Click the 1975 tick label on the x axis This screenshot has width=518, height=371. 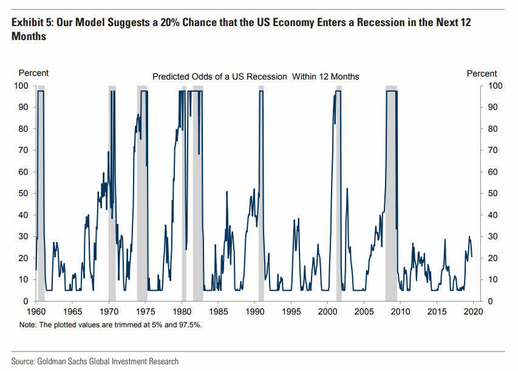tap(145, 311)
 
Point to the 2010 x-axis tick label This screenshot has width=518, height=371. tap(400, 311)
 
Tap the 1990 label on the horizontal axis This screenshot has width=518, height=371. tap(254, 311)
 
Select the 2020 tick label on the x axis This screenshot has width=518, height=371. tap(473, 311)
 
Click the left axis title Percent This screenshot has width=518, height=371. tap(33, 73)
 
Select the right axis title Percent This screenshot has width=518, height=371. tap(482, 73)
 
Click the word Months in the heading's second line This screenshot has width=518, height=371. tap(29, 36)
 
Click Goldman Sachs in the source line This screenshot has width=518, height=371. tap(63, 361)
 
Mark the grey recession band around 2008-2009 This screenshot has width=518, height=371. tap(391, 194)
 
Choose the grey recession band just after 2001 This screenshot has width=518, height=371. tap(338, 194)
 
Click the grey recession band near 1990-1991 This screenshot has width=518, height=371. tap(261, 194)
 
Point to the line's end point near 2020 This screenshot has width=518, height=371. tap(472, 257)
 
